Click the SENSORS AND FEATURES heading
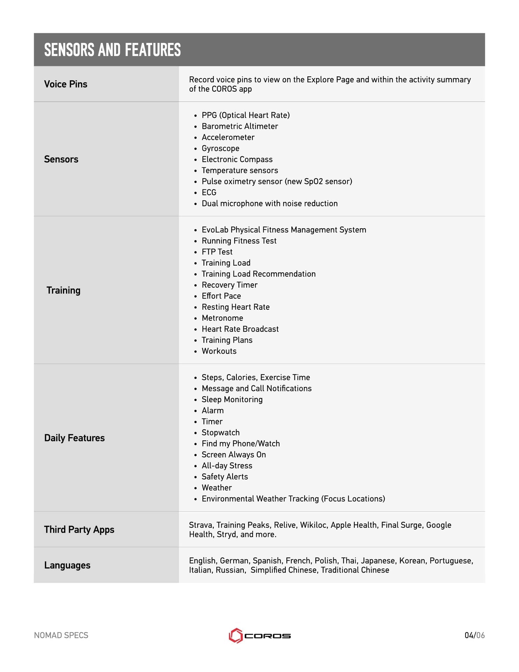[x=112, y=50]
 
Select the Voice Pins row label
[x=66, y=84]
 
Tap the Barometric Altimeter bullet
[x=240, y=126]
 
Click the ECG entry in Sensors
[x=209, y=192]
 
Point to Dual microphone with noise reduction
[x=269, y=204]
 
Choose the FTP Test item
[x=217, y=252]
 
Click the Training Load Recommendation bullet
[x=258, y=274]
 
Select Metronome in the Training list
[x=222, y=318]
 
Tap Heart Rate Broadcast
[x=240, y=329]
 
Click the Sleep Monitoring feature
[x=232, y=400]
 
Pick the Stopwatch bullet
[x=220, y=433]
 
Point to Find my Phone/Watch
[x=241, y=444]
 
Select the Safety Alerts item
[x=225, y=477]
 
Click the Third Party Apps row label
[x=79, y=530]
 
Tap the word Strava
[x=201, y=525]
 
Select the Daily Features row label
[x=74, y=438]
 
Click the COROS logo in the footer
[x=259, y=636]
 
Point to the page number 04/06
[x=474, y=636]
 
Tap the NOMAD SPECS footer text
[x=61, y=636]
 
